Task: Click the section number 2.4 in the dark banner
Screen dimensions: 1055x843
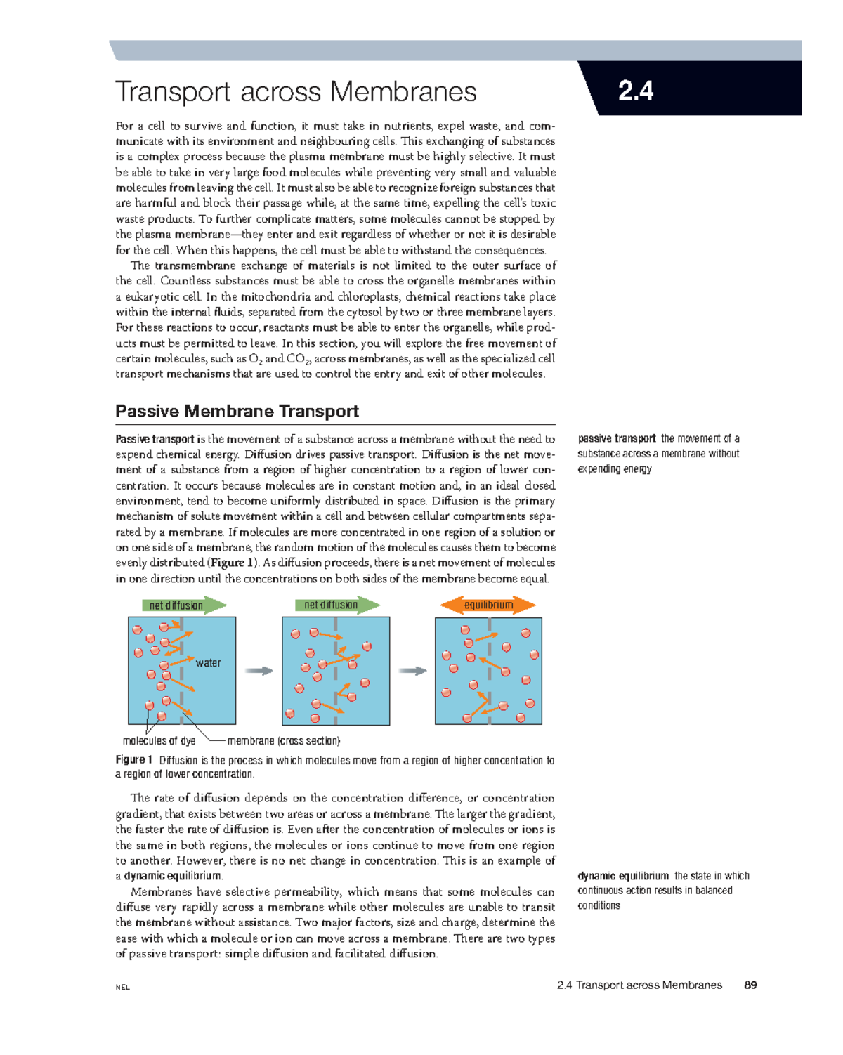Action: [635, 91]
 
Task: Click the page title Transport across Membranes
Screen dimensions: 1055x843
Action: [296, 92]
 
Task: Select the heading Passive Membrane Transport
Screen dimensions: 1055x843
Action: [237, 411]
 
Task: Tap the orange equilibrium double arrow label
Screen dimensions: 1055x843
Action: [488, 605]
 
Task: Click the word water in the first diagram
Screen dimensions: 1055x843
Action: [208, 662]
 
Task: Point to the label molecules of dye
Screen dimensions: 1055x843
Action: [159, 740]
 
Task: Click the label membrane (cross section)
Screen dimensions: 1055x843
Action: [284, 740]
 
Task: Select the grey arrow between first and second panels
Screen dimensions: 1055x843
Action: [259, 671]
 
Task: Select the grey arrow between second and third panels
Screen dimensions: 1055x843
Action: [412, 671]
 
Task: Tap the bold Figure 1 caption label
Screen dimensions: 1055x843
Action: [133, 759]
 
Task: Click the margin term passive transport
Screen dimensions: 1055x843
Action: [617, 438]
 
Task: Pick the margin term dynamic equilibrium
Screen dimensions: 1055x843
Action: [622, 876]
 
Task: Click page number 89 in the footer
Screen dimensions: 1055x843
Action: [750, 985]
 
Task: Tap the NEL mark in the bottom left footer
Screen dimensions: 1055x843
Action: [123, 987]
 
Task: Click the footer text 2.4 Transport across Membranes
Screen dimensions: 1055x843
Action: [639, 985]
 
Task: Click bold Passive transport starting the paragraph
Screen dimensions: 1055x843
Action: [155, 439]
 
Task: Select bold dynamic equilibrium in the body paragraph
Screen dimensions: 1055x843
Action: [173, 876]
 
